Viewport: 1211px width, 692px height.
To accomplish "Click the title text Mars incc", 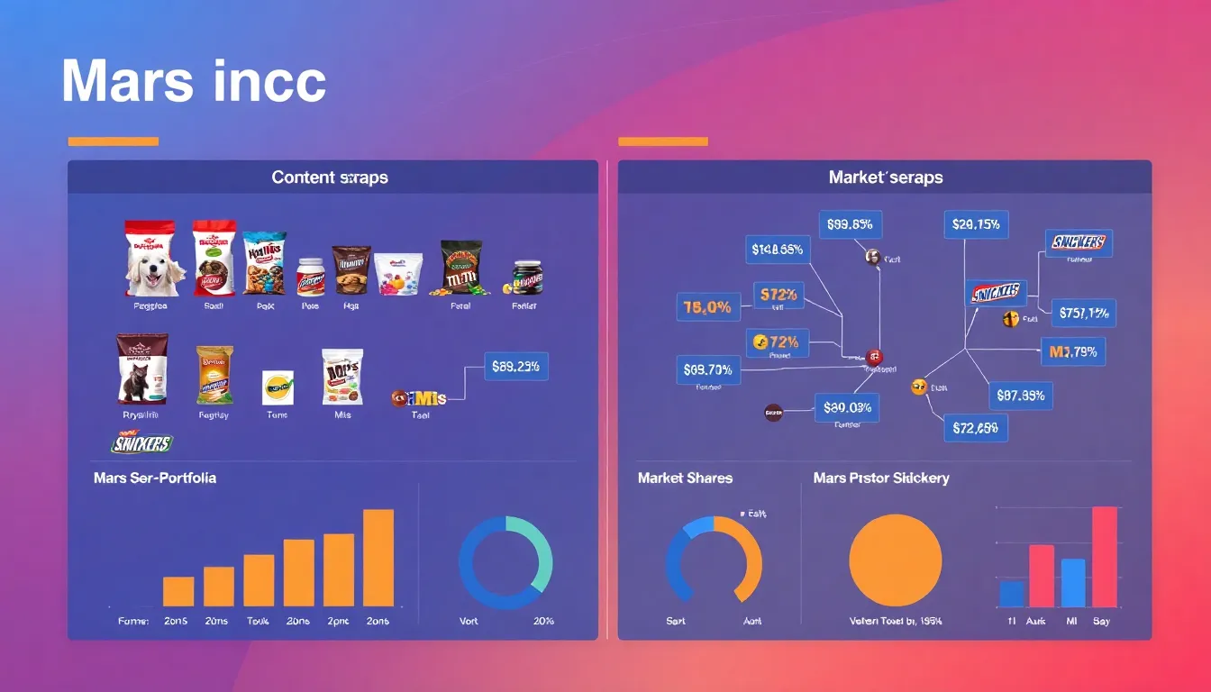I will tap(193, 82).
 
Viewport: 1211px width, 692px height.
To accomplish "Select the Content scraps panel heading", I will tap(330, 178).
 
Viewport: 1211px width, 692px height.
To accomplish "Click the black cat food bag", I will tap(141, 369).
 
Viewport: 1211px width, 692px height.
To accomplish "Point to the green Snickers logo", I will tap(141, 443).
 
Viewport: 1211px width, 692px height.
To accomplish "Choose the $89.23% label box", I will tap(516, 367).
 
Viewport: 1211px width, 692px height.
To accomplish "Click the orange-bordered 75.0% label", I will tap(707, 307).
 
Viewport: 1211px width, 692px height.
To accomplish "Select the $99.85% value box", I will tap(850, 224).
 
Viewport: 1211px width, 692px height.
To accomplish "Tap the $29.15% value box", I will tap(975, 224).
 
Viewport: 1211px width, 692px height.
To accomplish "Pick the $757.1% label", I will tap(1083, 314).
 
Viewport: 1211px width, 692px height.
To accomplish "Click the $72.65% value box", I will tap(975, 428).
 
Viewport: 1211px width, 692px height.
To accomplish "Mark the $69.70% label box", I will tap(707, 369).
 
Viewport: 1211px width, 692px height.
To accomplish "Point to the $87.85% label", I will tap(1021, 395).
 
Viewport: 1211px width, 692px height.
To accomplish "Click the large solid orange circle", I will tap(895, 560).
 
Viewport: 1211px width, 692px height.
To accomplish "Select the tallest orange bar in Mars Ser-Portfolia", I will tap(378, 558).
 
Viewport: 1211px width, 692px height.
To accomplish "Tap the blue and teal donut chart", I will tap(505, 557).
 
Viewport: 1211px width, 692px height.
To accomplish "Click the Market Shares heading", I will tap(685, 478).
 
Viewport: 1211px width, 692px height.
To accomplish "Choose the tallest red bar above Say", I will tap(1104, 557).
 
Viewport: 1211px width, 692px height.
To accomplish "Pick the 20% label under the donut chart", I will tap(543, 621).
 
